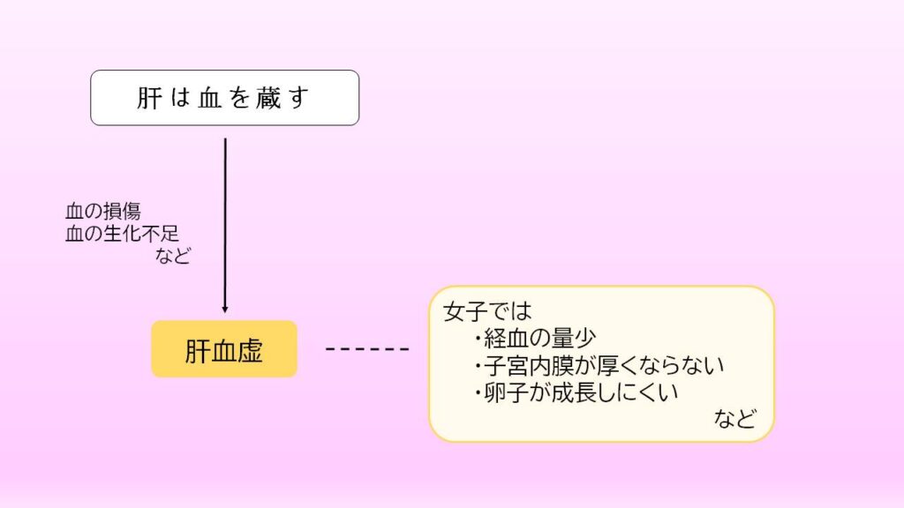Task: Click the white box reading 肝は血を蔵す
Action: [x=225, y=98]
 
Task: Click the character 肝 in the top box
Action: [x=148, y=98]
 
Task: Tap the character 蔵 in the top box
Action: [x=268, y=98]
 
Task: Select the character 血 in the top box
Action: [x=210, y=99]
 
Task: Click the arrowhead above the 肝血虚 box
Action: [x=225, y=310]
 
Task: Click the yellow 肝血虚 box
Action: [x=224, y=349]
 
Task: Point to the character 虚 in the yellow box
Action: [x=250, y=350]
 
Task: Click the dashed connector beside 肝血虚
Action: [x=367, y=349]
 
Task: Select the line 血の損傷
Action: [x=103, y=212]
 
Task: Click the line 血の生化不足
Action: [x=122, y=234]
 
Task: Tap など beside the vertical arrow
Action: [x=173, y=255]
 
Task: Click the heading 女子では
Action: [x=487, y=311]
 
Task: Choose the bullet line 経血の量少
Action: [x=535, y=338]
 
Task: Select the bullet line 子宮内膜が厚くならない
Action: [x=599, y=365]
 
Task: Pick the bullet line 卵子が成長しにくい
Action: [x=576, y=392]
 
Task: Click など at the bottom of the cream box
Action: [x=735, y=419]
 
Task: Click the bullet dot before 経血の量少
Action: [x=478, y=338]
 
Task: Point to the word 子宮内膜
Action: [x=530, y=365]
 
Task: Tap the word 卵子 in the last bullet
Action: [x=507, y=392]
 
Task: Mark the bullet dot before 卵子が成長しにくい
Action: [x=478, y=392]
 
